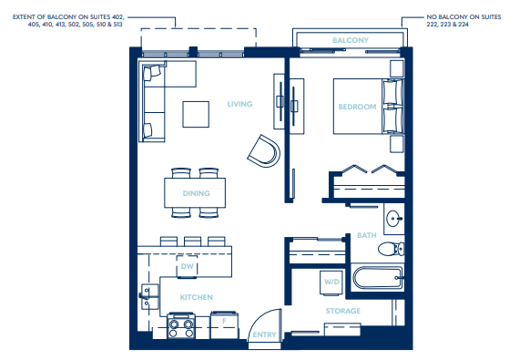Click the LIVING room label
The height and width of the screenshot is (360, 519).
[x=239, y=104]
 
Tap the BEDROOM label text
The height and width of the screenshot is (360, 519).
[x=357, y=107]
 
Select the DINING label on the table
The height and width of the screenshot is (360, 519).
[x=196, y=193]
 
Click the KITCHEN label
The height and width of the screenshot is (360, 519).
[x=196, y=298]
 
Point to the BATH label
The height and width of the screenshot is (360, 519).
[x=367, y=234]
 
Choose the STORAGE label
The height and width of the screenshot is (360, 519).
[x=343, y=311]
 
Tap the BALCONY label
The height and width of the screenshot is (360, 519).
[x=351, y=41]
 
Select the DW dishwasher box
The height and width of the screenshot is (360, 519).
[x=188, y=267]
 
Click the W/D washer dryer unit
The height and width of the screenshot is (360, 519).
[x=331, y=283]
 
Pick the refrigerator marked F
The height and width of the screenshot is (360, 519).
[x=223, y=323]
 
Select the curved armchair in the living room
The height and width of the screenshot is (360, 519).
[x=263, y=150]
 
